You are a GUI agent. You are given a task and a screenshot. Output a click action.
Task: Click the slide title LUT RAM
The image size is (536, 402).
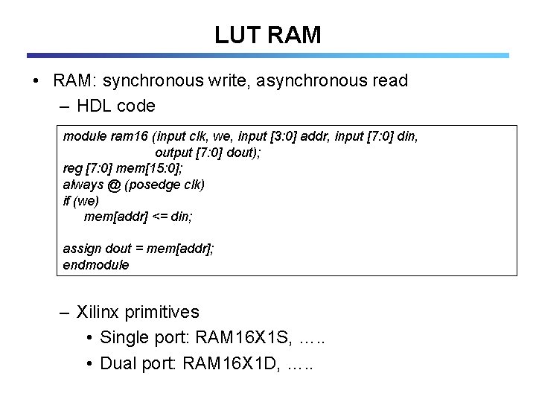point(267,34)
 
